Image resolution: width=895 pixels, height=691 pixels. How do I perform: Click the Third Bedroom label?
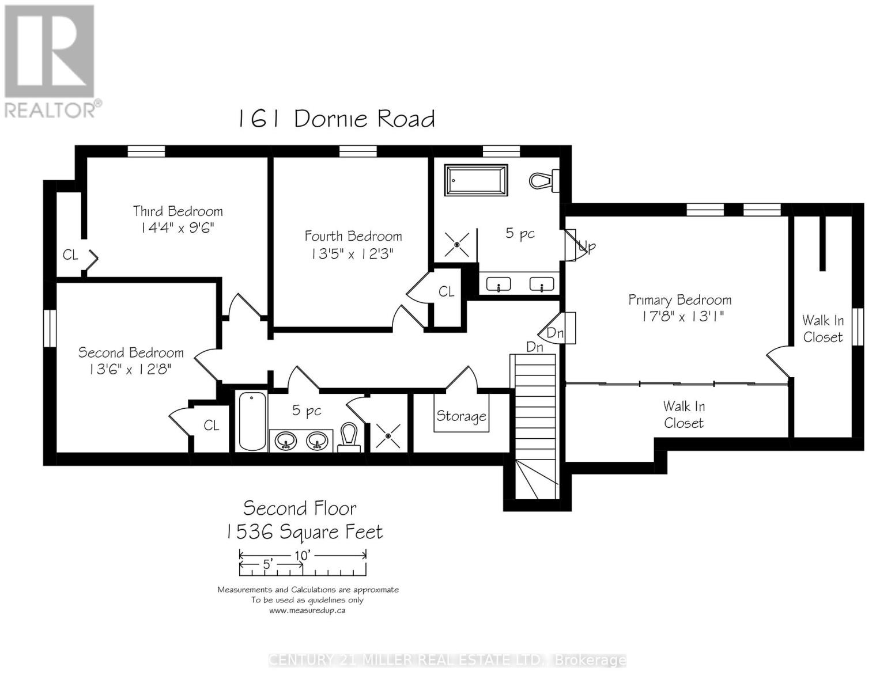(178, 211)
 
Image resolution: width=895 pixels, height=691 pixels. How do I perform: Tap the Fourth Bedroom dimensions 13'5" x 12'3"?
(352, 254)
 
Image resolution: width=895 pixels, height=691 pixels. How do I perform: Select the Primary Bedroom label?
(680, 300)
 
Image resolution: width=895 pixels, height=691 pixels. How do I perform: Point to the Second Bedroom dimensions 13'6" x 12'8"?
(130, 369)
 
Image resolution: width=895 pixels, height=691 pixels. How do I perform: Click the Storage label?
(461, 416)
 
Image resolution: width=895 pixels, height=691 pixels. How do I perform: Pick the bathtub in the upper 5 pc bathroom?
(475, 180)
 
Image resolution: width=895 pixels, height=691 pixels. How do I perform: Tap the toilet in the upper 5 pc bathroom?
(544, 180)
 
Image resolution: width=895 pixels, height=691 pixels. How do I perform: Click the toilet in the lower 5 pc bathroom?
(349, 438)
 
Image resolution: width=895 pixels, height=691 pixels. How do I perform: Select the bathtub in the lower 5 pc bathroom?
(252, 421)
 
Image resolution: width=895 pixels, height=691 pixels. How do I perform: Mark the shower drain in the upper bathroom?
(457, 245)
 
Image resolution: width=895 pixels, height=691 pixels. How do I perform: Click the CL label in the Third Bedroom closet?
(70, 255)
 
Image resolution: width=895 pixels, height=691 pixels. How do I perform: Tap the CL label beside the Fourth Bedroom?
(447, 291)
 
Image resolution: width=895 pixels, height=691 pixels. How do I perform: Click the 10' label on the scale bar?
(302, 555)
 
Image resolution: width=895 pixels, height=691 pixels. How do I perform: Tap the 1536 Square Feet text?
(304, 531)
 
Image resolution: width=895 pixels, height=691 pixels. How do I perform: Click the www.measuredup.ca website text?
(307, 610)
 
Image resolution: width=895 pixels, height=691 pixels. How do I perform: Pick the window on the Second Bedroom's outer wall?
(50, 328)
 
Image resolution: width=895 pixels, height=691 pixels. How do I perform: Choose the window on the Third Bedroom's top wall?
(146, 151)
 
